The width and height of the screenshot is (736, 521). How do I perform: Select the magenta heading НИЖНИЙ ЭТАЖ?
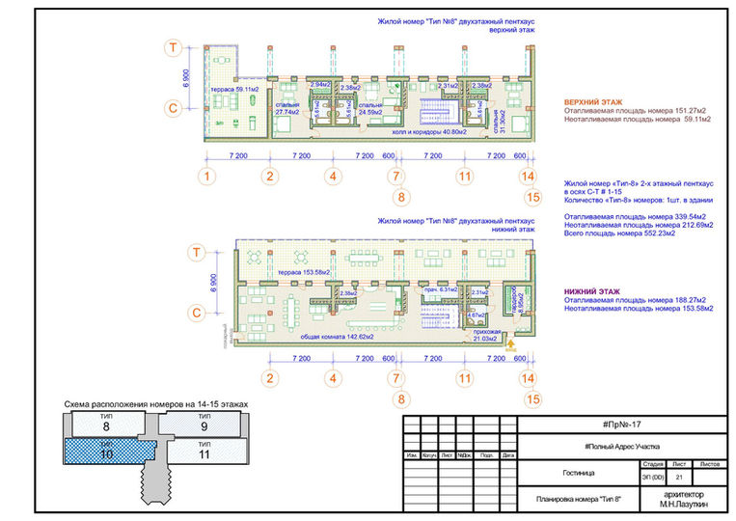(x=590, y=290)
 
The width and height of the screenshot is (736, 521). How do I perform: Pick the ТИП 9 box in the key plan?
(x=204, y=424)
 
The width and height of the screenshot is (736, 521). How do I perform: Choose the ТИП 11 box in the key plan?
(x=204, y=451)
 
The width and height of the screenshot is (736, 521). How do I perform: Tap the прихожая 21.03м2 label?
(x=486, y=335)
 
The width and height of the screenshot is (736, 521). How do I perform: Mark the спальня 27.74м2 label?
(x=286, y=110)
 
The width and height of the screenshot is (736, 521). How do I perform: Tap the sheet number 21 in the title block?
(x=680, y=478)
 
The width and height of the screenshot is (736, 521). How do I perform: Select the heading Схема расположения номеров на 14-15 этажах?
(x=155, y=402)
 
